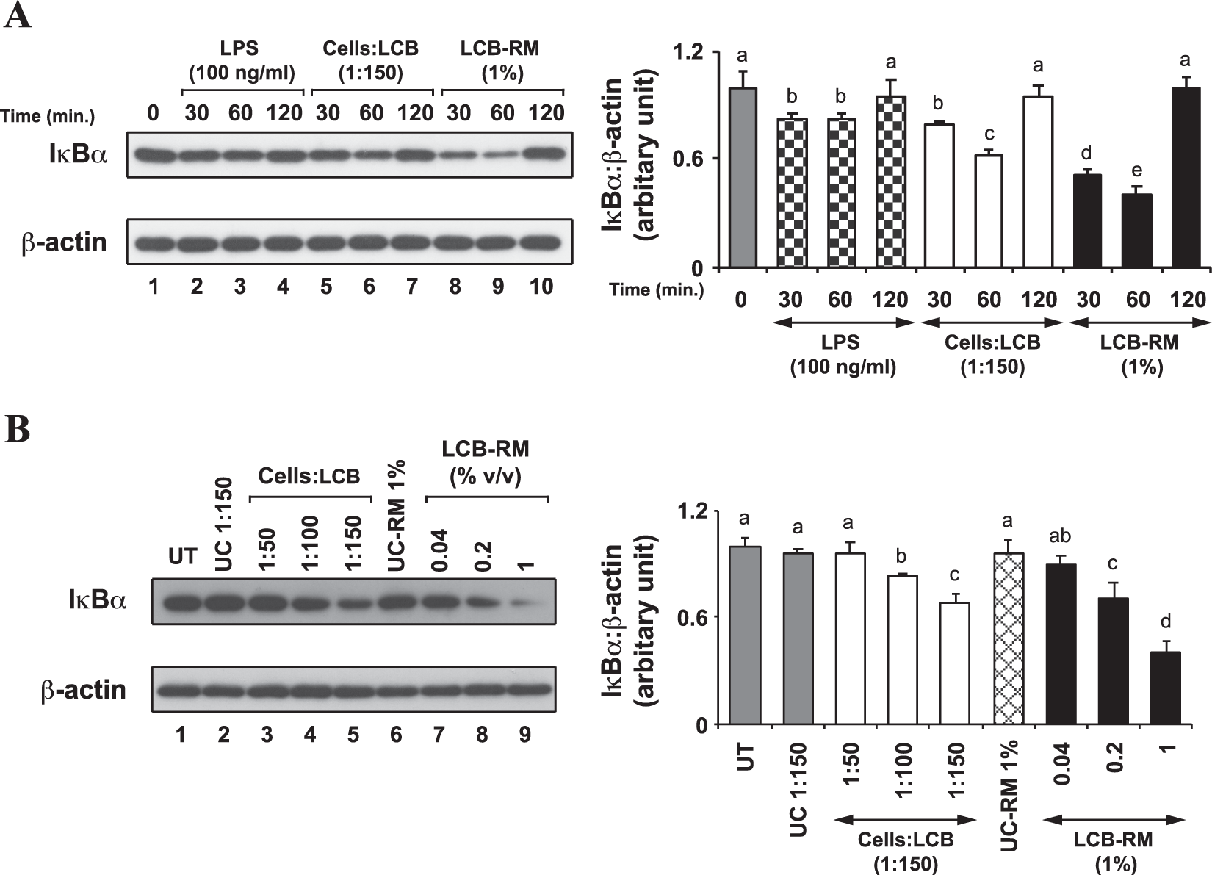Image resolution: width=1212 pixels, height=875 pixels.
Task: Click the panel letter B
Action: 18,431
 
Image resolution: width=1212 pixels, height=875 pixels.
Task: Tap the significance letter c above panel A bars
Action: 989,134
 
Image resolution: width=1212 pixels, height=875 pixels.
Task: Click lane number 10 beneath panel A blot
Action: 541,287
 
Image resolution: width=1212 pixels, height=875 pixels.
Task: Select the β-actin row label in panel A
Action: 64,242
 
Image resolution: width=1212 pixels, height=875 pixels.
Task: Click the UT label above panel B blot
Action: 183,556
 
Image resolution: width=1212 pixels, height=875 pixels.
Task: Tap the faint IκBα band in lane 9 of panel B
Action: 522,603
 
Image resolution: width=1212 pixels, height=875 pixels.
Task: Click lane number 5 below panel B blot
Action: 353,735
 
